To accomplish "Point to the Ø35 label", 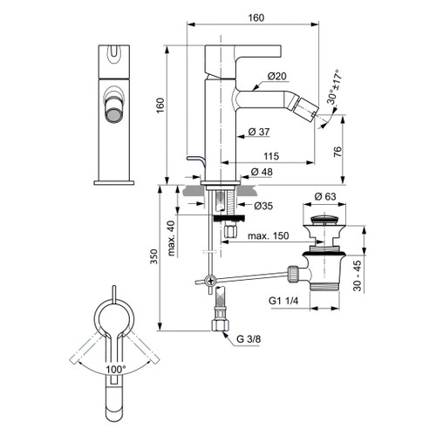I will tap(265, 207).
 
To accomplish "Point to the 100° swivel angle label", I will tap(115, 369).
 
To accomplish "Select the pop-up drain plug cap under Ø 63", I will tap(326, 214).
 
